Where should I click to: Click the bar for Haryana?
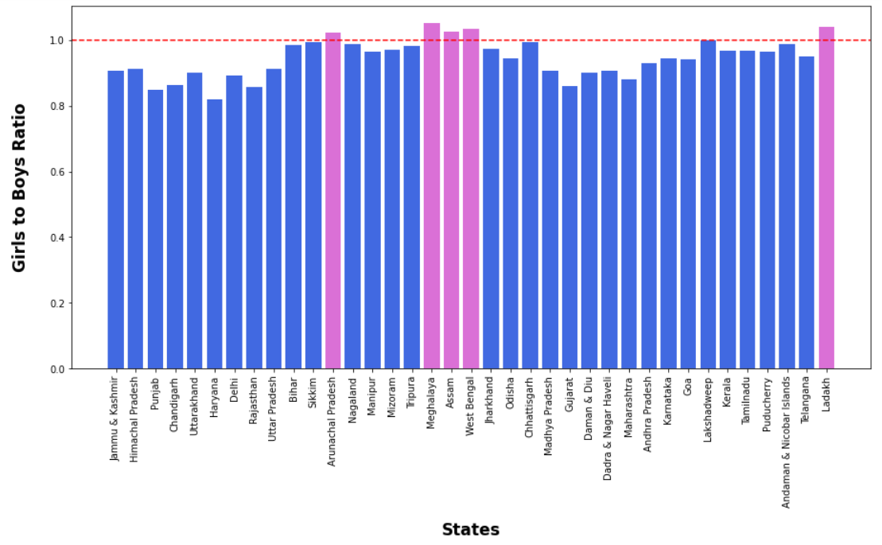click(215, 234)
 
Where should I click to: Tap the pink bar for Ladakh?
click(826, 198)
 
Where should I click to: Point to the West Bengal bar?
click(471, 199)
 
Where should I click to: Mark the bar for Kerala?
click(728, 210)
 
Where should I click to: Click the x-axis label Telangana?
click(806, 401)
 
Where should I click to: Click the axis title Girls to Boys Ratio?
click(20, 188)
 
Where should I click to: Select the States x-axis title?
click(471, 530)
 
